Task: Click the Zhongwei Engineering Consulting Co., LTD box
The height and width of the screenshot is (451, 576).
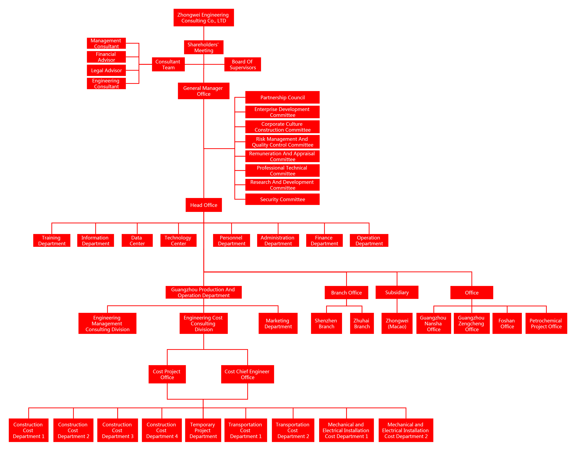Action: pyautogui.click(x=203, y=18)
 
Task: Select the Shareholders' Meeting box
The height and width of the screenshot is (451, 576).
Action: pyautogui.click(x=203, y=47)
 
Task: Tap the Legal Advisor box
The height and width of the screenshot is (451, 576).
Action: pyautogui.click(x=106, y=70)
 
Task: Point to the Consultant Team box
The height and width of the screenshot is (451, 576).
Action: pyautogui.click(x=168, y=64)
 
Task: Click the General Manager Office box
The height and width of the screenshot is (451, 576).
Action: pyautogui.click(x=203, y=91)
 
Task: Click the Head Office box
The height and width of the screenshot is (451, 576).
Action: pyautogui.click(x=203, y=205)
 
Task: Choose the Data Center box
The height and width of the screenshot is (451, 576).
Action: pyautogui.click(x=137, y=241)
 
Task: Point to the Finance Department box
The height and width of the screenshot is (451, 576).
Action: pyautogui.click(x=324, y=241)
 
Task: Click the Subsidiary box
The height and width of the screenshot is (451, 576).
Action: pyautogui.click(x=397, y=292)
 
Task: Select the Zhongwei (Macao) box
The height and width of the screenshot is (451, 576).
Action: pyautogui.click(x=397, y=324)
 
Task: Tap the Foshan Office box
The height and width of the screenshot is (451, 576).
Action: pyautogui.click(x=507, y=324)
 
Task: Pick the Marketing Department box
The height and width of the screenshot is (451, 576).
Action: pyautogui.click(x=278, y=324)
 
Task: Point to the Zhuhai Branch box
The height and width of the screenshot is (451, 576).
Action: pyautogui.click(x=362, y=324)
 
